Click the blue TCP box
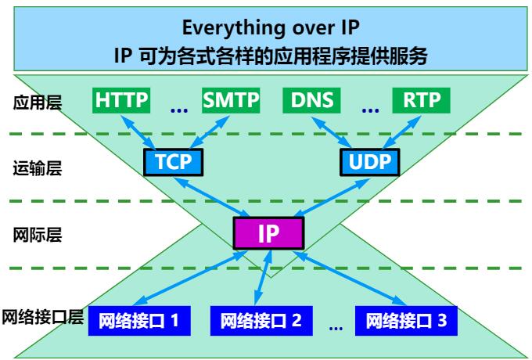[x=173, y=162]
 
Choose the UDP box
[x=369, y=162]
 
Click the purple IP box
[x=268, y=233]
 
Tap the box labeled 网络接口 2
[x=255, y=320]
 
